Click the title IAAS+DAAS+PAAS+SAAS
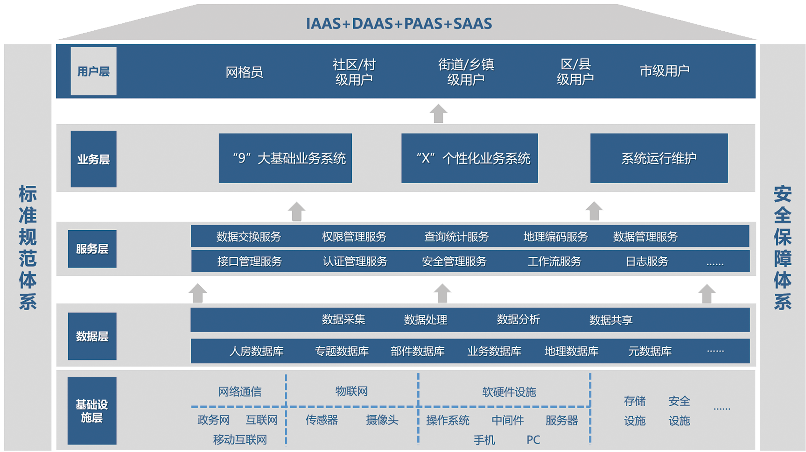click(x=399, y=23)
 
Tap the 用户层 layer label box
click(x=93, y=71)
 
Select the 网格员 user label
click(x=244, y=72)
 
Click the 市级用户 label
click(x=664, y=71)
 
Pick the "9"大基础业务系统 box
click(x=285, y=158)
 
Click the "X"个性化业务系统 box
click(x=470, y=158)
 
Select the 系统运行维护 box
click(x=659, y=158)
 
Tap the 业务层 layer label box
click(x=93, y=159)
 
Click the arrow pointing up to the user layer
click(x=438, y=113)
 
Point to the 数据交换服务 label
click(x=249, y=237)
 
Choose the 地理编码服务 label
click(x=555, y=237)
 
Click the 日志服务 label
click(x=647, y=261)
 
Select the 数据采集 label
click(x=343, y=320)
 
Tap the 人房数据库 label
click(x=256, y=351)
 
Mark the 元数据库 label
click(x=650, y=351)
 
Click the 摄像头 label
click(x=382, y=420)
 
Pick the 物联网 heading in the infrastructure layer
click(x=351, y=391)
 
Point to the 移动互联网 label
click(x=240, y=439)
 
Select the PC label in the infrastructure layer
click(x=533, y=440)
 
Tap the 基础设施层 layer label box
click(x=92, y=411)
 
